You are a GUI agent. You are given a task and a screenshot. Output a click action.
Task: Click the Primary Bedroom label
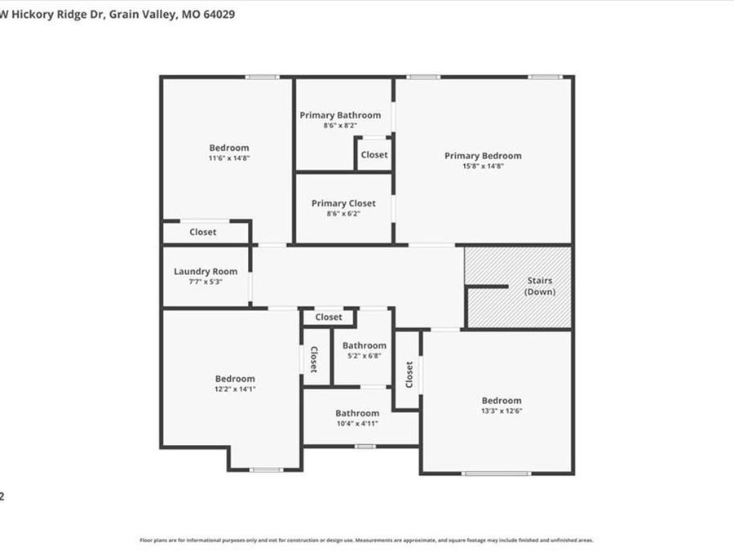click(x=483, y=156)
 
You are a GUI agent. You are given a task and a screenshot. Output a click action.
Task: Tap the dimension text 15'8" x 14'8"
click(x=483, y=166)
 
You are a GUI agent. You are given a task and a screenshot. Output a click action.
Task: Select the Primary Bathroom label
click(x=340, y=115)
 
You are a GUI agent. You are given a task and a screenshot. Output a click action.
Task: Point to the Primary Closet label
click(x=343, y=203)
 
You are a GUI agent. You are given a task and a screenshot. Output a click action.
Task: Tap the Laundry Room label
click(x=206, y=272)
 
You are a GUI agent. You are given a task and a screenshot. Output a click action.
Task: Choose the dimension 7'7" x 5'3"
click(x=206, y=282)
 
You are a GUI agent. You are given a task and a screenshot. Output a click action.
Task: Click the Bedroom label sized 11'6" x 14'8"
click(x=229, y=148)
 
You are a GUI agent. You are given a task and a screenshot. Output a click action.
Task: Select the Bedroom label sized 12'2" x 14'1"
click(x=235, y=379)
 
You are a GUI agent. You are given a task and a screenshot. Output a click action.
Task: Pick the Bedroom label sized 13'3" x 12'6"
click(x=501, y=400)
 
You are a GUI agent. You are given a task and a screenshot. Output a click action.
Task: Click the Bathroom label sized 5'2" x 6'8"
click(x=364, y=345)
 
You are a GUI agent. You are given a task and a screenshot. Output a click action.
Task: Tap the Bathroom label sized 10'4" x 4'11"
click(x=357, y=413)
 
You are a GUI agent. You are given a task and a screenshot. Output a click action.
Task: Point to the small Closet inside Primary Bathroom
click(x=374, y=154)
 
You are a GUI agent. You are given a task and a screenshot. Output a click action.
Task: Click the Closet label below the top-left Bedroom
click(x=203, y=232)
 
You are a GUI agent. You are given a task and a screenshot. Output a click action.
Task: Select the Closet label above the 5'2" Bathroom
click(x=329, y=317)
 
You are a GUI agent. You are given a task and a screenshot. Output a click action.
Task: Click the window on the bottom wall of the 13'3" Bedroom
click(x=496, y=473)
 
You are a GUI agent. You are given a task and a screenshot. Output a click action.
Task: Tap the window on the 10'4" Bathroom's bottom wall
click(x=365, y=446)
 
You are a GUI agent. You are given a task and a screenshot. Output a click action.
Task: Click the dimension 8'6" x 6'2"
click(x=343, y=213)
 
